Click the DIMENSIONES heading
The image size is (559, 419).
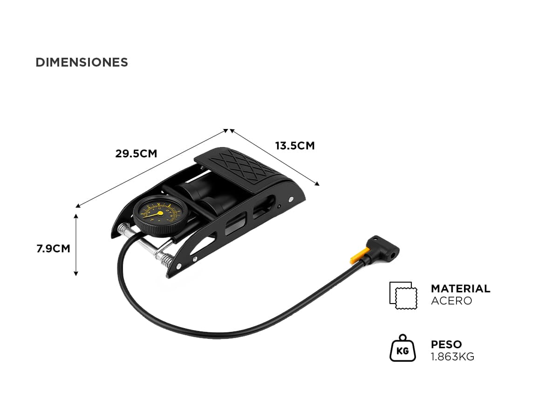click(82, 62)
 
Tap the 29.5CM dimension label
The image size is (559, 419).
click(136, 154)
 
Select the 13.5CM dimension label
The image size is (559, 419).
click(295, 146)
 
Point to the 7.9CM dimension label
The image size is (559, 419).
click(53, 249)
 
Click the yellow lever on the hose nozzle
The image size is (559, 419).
click(359, 256)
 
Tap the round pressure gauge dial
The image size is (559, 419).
click(161, 216)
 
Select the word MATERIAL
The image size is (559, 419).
click(460, 289)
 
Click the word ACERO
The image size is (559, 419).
click(451, 301)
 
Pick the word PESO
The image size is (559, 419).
click(446, 345)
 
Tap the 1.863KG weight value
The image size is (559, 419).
click(452, 357)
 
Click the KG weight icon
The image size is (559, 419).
click(402, 348)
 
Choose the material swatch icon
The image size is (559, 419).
click(403, 295)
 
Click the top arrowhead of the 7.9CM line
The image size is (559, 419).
click(76, 216)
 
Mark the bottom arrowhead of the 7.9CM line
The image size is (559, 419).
click(76, 273)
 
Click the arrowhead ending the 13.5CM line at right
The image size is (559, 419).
click(317, 184)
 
